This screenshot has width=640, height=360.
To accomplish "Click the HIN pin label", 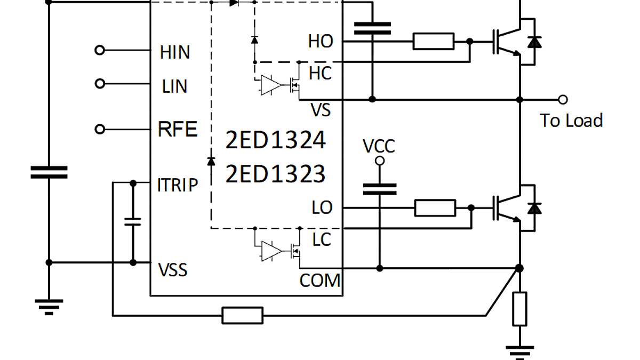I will tap(175, 52).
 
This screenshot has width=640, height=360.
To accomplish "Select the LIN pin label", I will tap(175, 86).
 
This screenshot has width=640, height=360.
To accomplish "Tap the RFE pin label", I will tap(178, 130).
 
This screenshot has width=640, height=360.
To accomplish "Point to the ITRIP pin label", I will tap(178, 185).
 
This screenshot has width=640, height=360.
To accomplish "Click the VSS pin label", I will tap(173, 270).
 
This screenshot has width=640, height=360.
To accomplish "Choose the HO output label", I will tap(321, 42).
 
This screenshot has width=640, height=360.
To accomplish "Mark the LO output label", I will tap(322, 208).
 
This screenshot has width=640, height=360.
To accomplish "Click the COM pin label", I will tap(319, 281).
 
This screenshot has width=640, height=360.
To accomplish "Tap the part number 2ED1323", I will tap(275, 174).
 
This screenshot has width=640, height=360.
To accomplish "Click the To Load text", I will tap(571, 121).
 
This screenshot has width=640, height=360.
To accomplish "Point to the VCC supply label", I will tap(379, 146).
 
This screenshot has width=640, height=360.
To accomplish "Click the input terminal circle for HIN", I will tap(99, 50).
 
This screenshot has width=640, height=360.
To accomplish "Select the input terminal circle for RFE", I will tap(99, 130).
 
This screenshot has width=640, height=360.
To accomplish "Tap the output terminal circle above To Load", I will tap(562, 99).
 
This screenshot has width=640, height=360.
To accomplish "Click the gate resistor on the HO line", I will tap(434, 41).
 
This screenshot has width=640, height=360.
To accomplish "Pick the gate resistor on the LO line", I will tap(435, 208).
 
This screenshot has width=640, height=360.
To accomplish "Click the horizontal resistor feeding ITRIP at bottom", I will tap(243, 315).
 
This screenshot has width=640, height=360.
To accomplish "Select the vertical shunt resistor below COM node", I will tap(519, 309).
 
